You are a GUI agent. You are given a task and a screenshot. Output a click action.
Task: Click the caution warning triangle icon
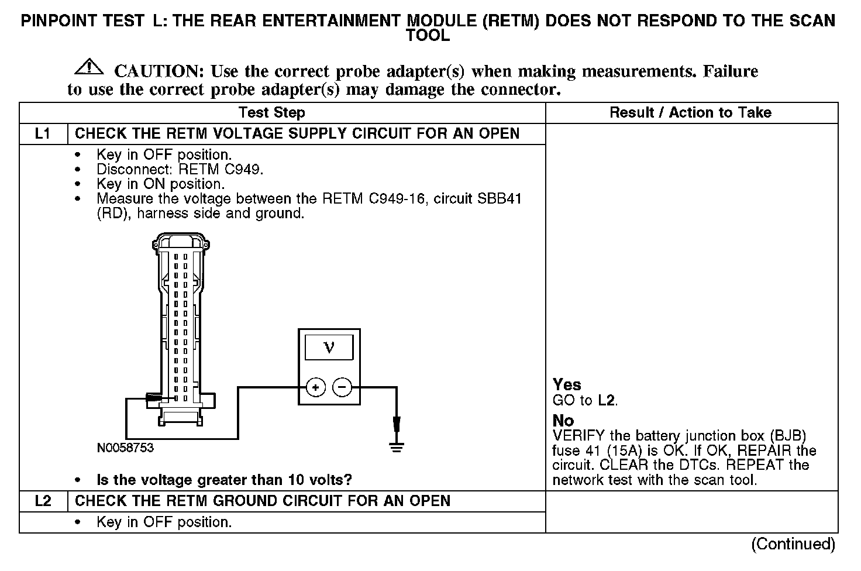pyautogui.click(x=89, y=67)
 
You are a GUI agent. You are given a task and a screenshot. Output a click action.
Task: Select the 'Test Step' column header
pyautogui.click(x=271, y=112)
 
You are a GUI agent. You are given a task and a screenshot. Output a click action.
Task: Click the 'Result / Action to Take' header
pyautogui.click(x=690, y=112)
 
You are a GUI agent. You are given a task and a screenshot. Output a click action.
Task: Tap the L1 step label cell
pyautogui.click(x=43, y=134)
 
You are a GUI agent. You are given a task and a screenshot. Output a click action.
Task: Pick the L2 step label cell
pyautogui.click(x=43, y=501)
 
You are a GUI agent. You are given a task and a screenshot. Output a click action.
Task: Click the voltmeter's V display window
pyautogui.click(x=329, y=348)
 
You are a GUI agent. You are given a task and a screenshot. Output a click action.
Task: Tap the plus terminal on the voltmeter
pyautogui.click(x=316, y=387)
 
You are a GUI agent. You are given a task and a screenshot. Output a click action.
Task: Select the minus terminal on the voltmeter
pyautogui.click(x=342, y=387)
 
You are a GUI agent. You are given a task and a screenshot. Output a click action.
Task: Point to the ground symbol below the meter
pyautogui.click(x=397, y=448)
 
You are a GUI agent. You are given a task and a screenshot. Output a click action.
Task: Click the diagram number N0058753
pyautogui.click(x=125, y=448)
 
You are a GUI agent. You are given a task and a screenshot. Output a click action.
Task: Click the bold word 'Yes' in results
pyautogui.click(x=567, y=384)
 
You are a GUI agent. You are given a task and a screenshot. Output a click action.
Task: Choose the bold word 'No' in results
pyautogui.click(x=563, y=421)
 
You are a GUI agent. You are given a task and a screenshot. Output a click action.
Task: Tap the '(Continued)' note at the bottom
pyautogui.click(x=793, y=544)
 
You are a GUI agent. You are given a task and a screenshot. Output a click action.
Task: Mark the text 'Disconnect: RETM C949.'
pyautogui.click(x=180, y=170)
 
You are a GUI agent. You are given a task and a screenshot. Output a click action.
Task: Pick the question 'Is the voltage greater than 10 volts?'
pyautogui.click(x=224, y=480)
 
